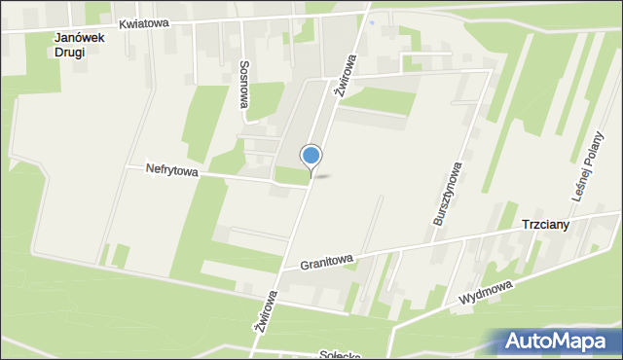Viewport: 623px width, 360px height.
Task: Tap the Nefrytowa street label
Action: [171, 169]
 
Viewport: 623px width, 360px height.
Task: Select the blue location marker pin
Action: [311, 156]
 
